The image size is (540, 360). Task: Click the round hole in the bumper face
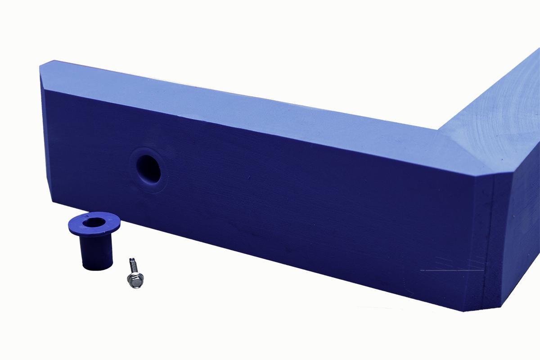point(149,169)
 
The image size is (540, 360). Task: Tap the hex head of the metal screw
point(135,280)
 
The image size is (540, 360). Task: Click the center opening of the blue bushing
point(94,221)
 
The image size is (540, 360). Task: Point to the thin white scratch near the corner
point(450,270)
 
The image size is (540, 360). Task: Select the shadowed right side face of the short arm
point(517,225)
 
